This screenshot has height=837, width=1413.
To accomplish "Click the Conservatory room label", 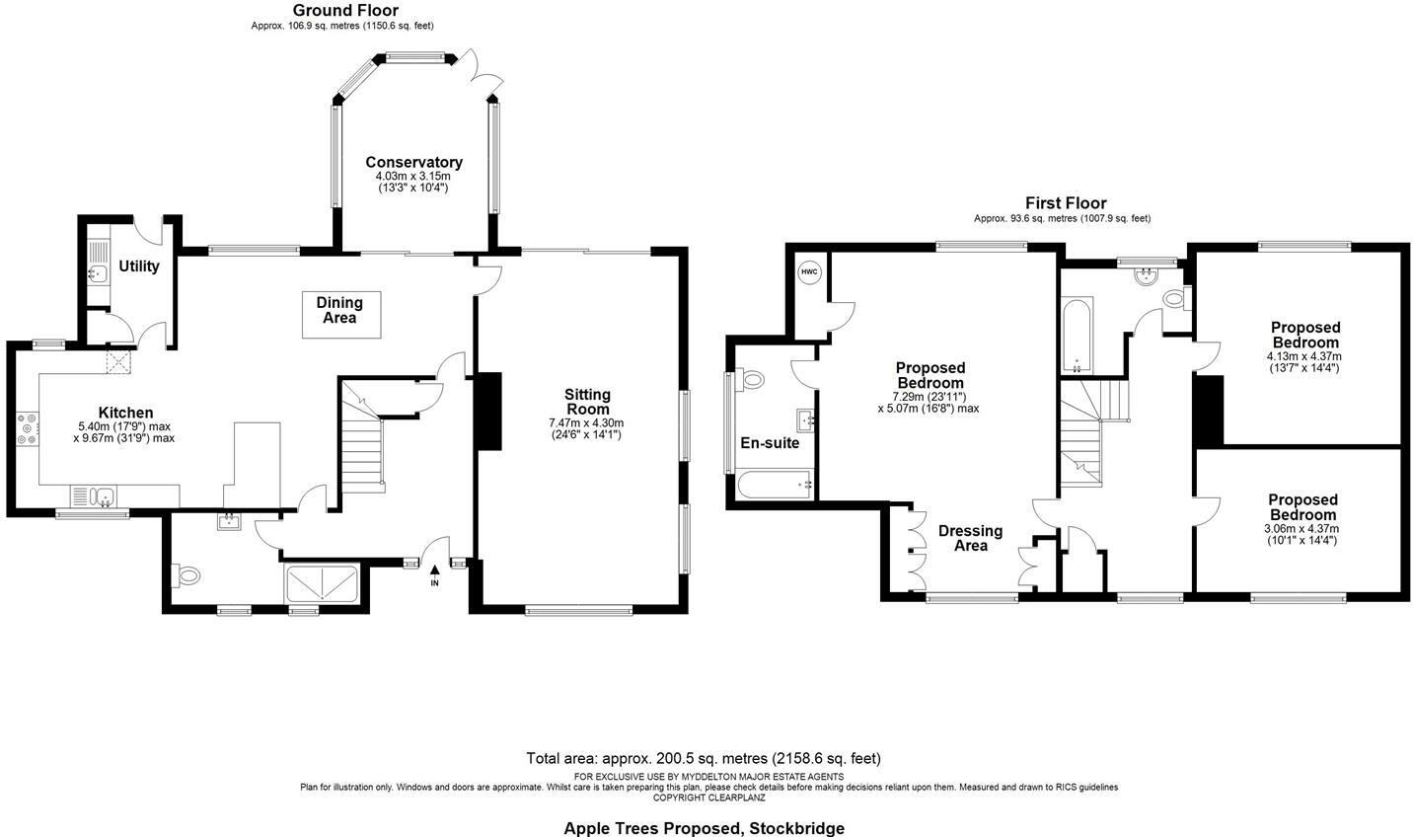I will pyautogui.click(x=413, y=163).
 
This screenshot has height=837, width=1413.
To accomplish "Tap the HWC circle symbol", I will pyautogui.click(x=809, y=272).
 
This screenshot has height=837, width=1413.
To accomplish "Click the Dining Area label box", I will pyautogui.click(x=339, y=310).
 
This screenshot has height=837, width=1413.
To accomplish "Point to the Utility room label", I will pyautogui.click(x=139, y=266).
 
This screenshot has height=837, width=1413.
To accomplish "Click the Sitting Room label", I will pyautogui.click(x=587, y=402).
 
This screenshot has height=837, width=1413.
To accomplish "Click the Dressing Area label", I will pyautogui.click(x=970, y=538).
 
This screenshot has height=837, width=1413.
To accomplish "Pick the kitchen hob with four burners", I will pyautogui.click(x=26, y=429).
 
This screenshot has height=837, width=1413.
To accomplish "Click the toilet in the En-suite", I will pyautogui.click(x=752, y=379).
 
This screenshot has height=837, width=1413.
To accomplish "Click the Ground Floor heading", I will pyautogui.click(x=345, y=11).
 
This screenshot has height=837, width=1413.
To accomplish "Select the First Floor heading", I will pyautogui.click(x=1065, y=203).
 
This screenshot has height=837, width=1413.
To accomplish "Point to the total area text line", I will pyautogui.click(x=704, y=759).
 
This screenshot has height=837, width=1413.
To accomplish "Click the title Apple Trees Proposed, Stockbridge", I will pyautogui.click(x=704, y=828).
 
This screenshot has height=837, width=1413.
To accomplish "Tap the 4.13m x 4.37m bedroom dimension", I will pyautogui.click(x=1303, y=356).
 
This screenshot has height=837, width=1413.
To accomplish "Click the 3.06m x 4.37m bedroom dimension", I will pyautogui.click(x=1302, y=528).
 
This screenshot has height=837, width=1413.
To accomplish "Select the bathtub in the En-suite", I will pyautogui.click(x=776, y=485).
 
